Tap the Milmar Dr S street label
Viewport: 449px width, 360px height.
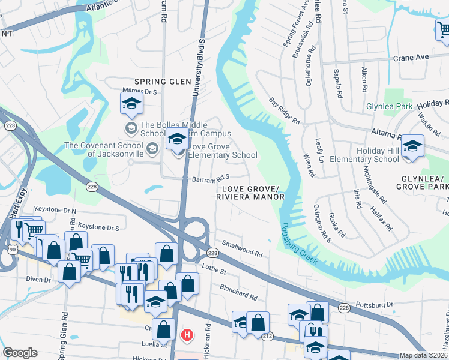point(139,92)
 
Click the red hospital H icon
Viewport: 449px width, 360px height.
point(187,334)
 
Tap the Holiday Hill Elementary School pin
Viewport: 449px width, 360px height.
point(412,146)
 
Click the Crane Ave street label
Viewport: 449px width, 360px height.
point(411,57)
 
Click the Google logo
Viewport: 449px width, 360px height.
point(20,353)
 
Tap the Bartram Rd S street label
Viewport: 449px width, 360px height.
point(211,178)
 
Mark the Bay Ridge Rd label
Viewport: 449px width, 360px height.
point(284,110)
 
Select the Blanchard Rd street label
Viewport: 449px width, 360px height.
point(238,292)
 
